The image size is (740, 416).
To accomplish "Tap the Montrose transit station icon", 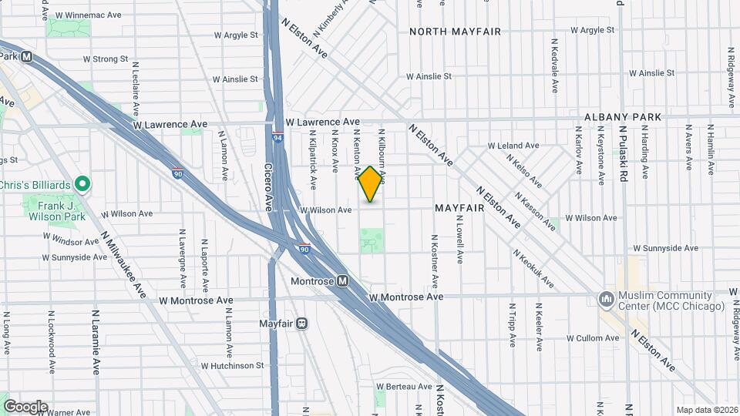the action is (x=342, y=281).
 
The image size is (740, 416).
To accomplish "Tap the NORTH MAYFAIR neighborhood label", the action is (x=455, y=32).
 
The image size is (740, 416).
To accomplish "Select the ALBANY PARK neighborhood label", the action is (x=623, y=117).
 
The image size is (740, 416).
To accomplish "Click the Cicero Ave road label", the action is (x=269, y=188).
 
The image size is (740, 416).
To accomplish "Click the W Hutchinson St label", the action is (x=232, y=366).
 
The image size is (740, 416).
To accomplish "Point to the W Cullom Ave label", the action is (x=594, y=338).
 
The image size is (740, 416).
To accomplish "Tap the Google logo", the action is (x=25, y=407).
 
